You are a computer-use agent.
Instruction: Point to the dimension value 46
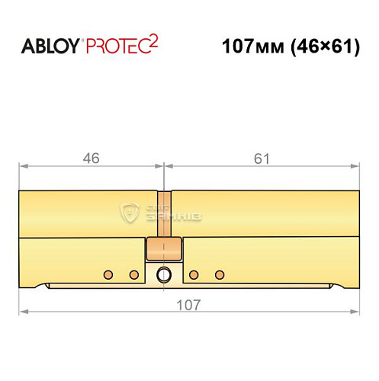pyautogui.click(x=92, y=158)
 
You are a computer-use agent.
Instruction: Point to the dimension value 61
pyautogui.click(x=261, y=158)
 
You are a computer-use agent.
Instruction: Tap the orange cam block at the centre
pyautogui.click(x=164, y=249)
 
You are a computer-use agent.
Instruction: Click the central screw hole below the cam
pyautogui.click(x=164, y=274)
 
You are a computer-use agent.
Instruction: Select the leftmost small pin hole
pyautogui.click(x=108, y=274)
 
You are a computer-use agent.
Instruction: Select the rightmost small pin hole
pyautogui.click(x=220, y=274)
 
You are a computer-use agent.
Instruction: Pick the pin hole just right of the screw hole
pyautogui.click(x=194, y=274)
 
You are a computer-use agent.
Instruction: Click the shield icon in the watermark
pyautogui.click(x=130, y=213)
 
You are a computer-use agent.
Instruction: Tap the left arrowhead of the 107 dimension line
pyautogui.click(x=23, y=312)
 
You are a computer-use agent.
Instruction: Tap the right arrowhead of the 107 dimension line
pyautogui.click(x=355, y=312)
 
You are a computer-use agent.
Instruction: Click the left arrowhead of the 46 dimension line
pyautogui.click(x=23, y=165)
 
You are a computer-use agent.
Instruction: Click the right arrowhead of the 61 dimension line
pyautogui.click(x=355, y=165)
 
